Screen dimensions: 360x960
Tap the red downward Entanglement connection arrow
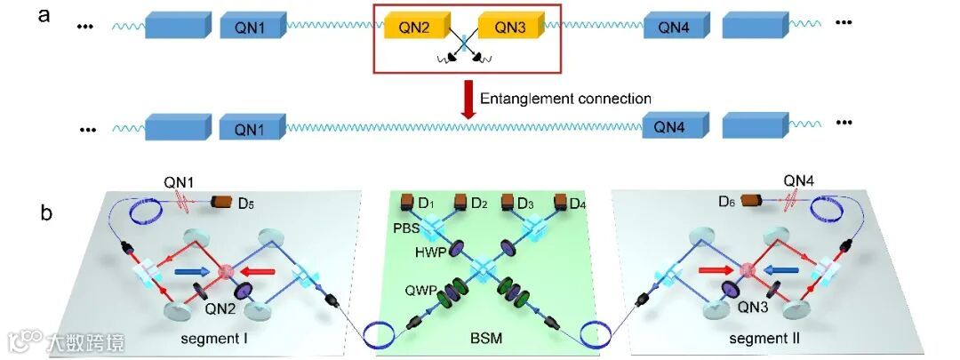(x=466, y=99)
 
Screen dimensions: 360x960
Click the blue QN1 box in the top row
(x=252, y=28)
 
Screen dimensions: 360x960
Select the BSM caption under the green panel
(x=484, y=340)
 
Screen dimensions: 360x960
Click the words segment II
(x=758, y=340)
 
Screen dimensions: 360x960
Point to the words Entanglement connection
(x=565, y=99)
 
